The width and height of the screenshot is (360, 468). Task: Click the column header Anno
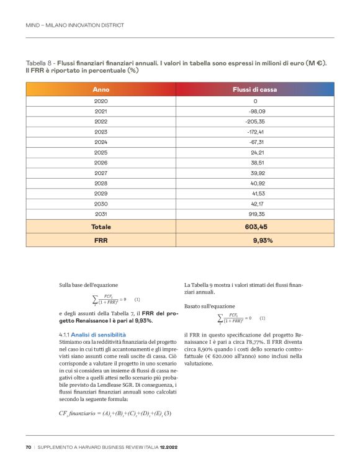[x=101, y=89]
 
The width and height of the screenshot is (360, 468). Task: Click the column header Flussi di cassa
[x=254, y=89]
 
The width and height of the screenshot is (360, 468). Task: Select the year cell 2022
[x=101, y=121]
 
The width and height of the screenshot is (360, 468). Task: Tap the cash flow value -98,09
[x=255, y=111]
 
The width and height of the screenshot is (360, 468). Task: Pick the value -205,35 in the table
[x=255, y=121]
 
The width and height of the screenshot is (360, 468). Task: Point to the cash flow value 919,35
[x=255, y=214]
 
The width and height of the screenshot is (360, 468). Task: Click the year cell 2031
[x=101, y=214]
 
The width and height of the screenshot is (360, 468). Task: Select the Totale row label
[x=101, y=227]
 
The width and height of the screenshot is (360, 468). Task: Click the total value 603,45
[x=255, y=227]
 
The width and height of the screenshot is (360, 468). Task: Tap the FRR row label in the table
[x=101, y=240]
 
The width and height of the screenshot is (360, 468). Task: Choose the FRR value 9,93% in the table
[x=263, y=240]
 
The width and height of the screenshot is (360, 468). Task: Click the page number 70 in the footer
[x=29, y=447]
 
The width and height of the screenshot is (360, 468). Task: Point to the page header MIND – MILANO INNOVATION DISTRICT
[x=74, y=25]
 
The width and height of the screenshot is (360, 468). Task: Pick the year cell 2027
[x=101, y=173]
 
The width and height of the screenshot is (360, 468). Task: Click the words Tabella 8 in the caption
[x=39, y=64]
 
